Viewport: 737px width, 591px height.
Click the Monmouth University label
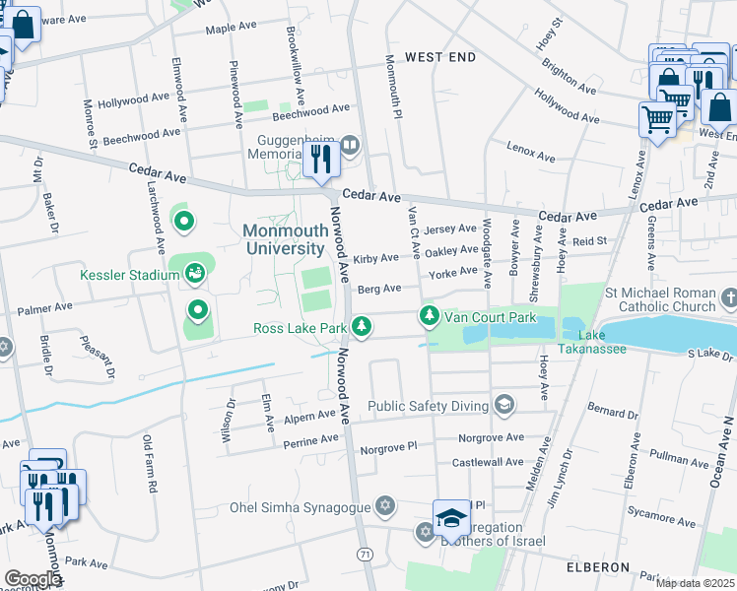284,239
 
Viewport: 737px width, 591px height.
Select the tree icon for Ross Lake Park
363,326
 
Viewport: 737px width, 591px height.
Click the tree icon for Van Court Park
429,316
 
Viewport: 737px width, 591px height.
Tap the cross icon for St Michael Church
728,297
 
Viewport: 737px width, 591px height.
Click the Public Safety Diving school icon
504,404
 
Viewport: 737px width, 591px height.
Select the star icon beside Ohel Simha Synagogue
385,506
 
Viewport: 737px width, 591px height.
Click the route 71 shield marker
366,555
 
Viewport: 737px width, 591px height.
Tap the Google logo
33,579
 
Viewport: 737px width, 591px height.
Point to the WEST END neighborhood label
440,57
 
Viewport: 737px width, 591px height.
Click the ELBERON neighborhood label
597,567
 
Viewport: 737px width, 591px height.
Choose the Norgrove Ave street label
491,436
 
